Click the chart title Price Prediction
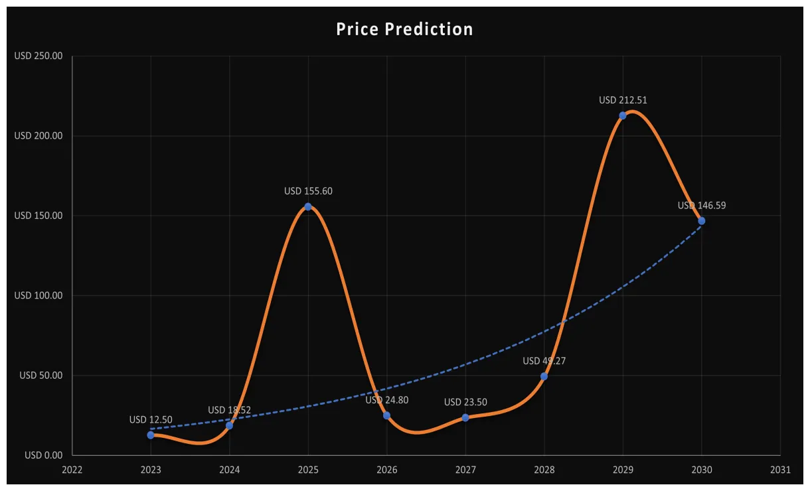(404, 29)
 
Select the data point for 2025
(308, 206)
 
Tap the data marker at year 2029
(623, 115)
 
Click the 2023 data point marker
(151, 435)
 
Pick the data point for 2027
(465, 417)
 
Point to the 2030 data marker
(702, 221)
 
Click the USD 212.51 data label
(623, 100)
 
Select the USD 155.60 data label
(308, 191)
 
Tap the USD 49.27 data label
(544, 361)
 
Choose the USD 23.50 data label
(465, 402)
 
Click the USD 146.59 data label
(702, 206)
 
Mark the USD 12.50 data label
(151, 419)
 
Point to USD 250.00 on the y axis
(39, 56)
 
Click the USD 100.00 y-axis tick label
(39, 295)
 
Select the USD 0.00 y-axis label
(43, 455)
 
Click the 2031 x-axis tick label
(780, 470)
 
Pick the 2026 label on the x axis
(386, 470)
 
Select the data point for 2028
(544, 376)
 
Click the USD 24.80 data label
(386, 400)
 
